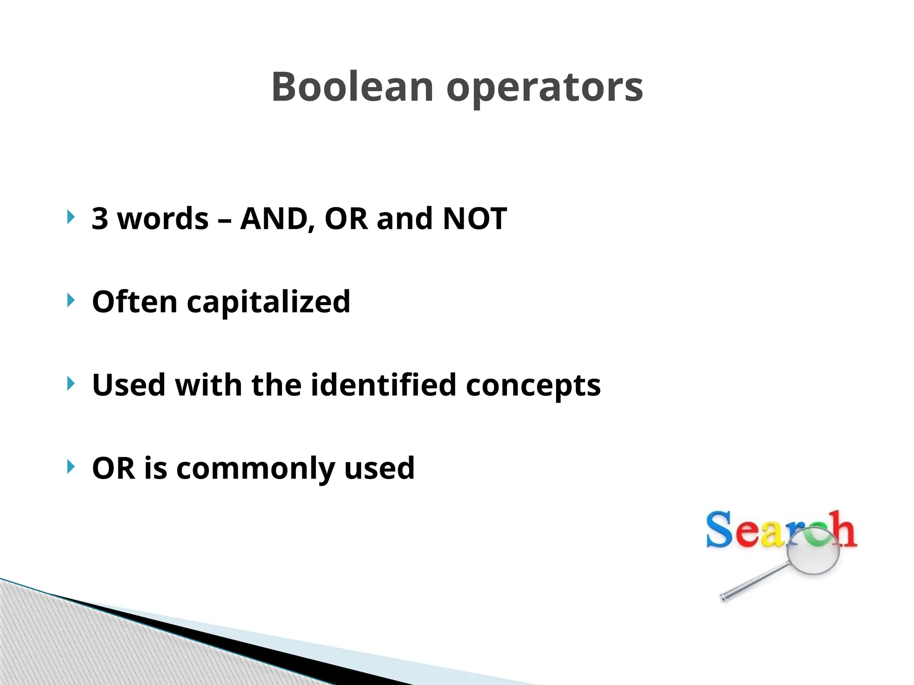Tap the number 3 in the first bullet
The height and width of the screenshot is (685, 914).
[100, 219]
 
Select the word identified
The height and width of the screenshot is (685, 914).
[383, 384]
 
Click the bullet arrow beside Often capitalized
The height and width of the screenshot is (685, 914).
[71, 300]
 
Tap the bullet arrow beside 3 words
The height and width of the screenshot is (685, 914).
[71, 217]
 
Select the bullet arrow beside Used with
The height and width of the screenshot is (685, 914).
[71, 384]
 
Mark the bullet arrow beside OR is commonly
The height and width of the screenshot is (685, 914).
[71, 467]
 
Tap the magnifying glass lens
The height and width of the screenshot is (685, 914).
[813, 551]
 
